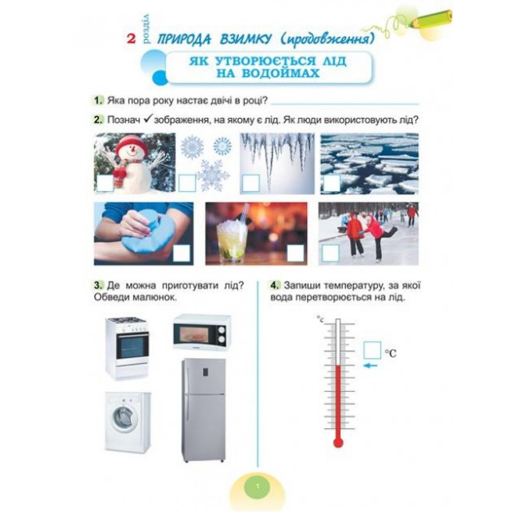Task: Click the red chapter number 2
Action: [131, 39]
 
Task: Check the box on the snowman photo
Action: [105, 183]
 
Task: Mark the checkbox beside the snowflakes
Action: [187, 183]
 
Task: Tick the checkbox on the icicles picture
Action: [251, 183]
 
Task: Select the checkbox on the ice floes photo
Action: [332, 183]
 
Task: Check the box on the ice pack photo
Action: [182, 253]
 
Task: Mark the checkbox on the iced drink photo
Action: [295, 253]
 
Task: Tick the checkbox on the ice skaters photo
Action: [330, 253]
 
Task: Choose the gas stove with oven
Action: [127, 349]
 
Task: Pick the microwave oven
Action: [202, 332]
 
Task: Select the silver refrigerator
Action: [204, 410]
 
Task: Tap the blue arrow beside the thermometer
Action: [371, 366]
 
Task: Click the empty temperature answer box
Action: [372, 350]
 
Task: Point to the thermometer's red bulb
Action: [338, 442]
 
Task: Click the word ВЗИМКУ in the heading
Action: [245, 39]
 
